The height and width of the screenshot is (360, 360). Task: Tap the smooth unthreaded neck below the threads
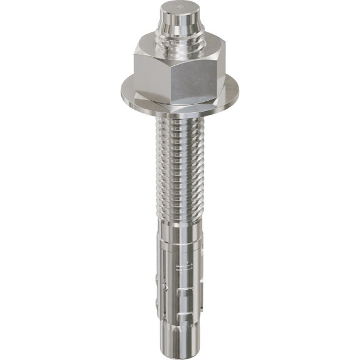180,232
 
